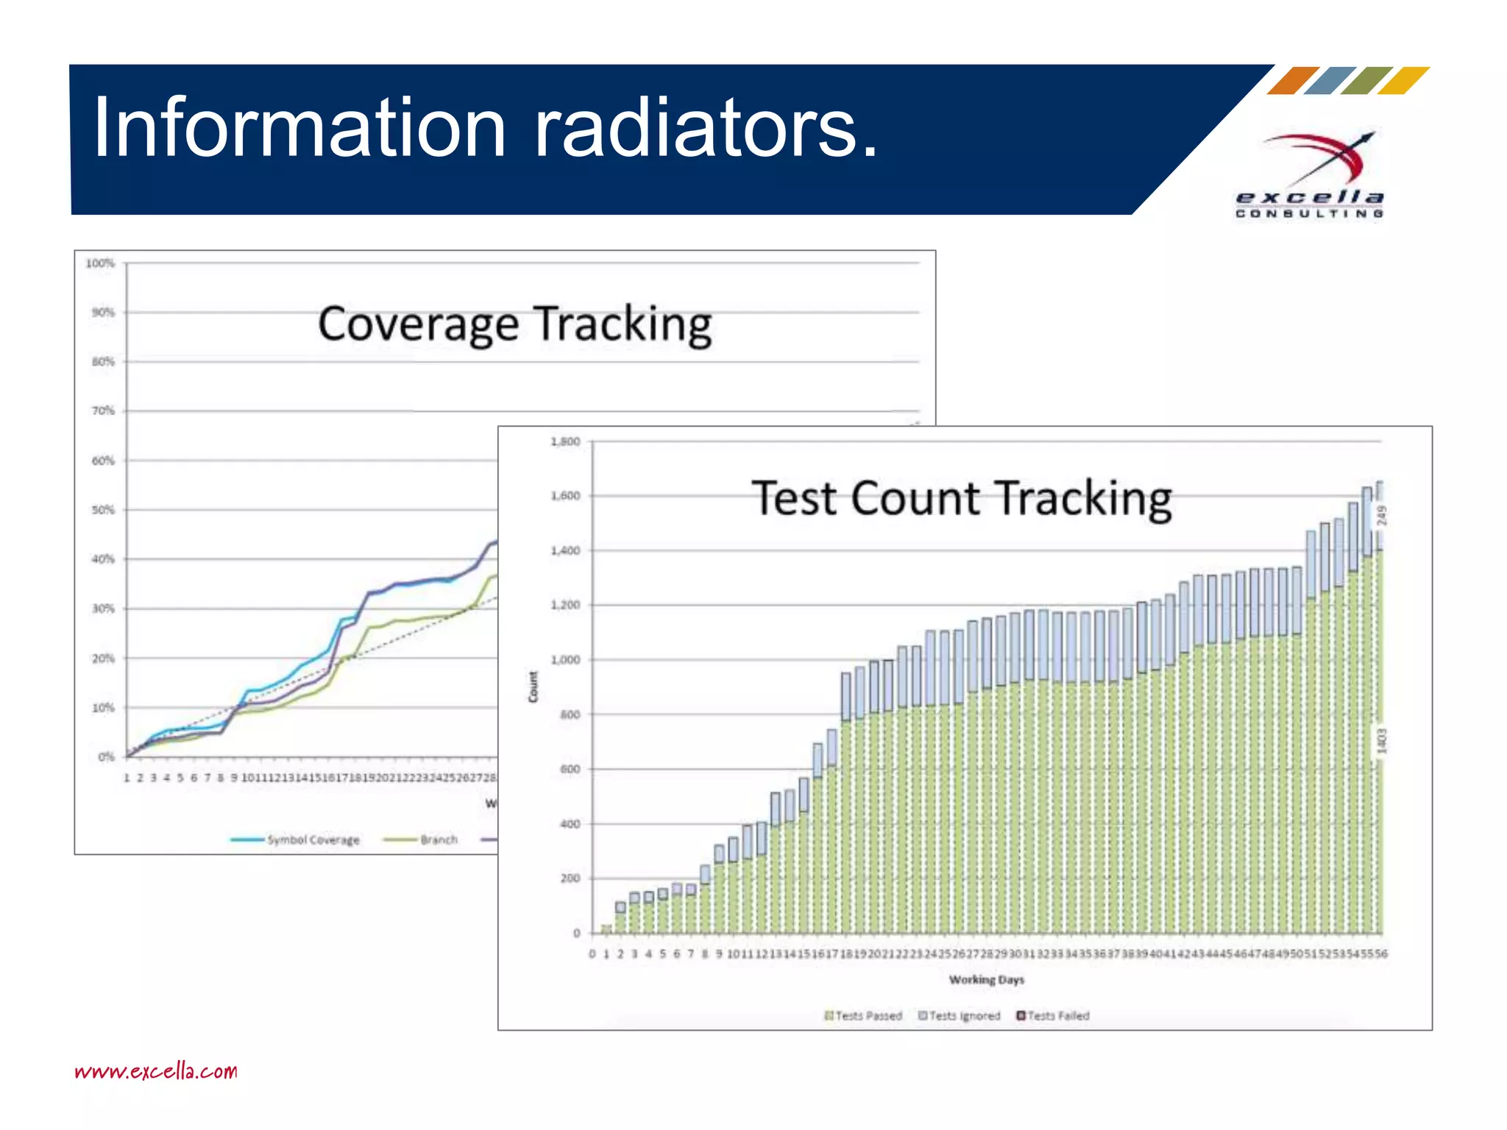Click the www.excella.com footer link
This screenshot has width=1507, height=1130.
156,1070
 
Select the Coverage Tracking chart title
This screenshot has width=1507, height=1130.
515,324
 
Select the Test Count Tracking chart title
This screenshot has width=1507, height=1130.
961,499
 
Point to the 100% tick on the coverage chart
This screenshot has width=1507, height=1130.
101,263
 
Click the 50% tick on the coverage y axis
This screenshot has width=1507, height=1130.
103,510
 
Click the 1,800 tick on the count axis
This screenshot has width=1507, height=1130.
565,441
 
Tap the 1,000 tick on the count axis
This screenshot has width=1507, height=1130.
565,660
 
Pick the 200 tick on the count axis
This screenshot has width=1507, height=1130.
570,878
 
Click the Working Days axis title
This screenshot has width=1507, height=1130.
986,980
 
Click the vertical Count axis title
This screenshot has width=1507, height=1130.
533,686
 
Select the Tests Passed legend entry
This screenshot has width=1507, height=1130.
863,1016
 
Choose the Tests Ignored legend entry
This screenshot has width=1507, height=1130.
960,1016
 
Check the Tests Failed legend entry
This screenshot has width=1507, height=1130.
1053,1016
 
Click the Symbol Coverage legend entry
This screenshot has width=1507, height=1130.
296,840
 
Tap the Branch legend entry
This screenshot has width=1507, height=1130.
422,840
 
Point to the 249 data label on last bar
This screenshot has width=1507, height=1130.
1381,515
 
